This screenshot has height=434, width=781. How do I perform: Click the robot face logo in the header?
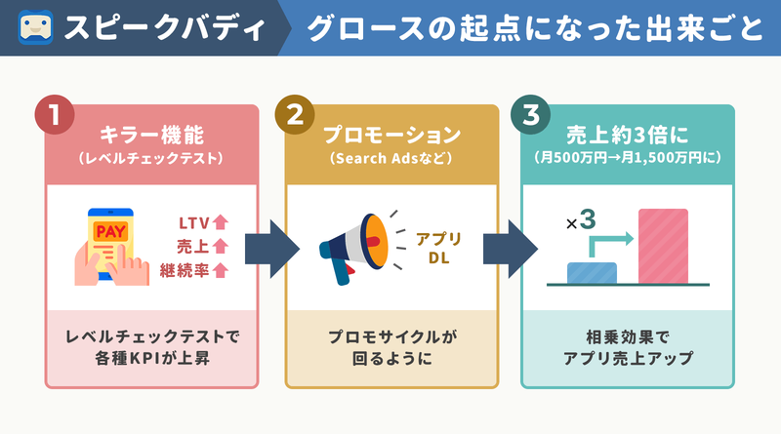(x=35, y=27)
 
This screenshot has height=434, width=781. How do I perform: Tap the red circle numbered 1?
(x=55, y=114)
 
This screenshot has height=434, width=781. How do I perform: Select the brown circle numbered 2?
(x=295, y=114)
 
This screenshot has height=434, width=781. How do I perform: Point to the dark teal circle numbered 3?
(x=530, y=114)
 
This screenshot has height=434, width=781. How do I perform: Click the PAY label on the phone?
(x=110, y=231)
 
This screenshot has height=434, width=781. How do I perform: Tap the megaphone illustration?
(x=353, y=249)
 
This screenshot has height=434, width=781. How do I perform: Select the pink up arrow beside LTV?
(x=221, y=222)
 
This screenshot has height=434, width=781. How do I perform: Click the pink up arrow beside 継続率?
(x=221, y=270)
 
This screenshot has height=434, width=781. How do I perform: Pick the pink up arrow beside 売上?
(x=221, y=246)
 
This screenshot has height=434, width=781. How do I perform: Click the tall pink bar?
(x=663, y=247)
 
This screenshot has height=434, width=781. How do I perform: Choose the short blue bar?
(x=592, y=273)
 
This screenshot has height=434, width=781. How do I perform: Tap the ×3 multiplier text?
(x=581, y=220)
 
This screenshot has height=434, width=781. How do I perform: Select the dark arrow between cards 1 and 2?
(x=272, y=249)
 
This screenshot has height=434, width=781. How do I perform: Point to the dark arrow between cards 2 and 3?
(x=510, y=249)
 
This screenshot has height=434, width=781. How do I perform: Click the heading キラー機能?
(x=152, y=135)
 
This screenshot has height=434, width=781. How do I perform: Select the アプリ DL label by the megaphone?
(x=438, y=249)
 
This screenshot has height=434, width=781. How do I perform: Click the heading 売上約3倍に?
(x=627, y=135)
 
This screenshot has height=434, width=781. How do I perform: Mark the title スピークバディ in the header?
(x=165, y=28)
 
